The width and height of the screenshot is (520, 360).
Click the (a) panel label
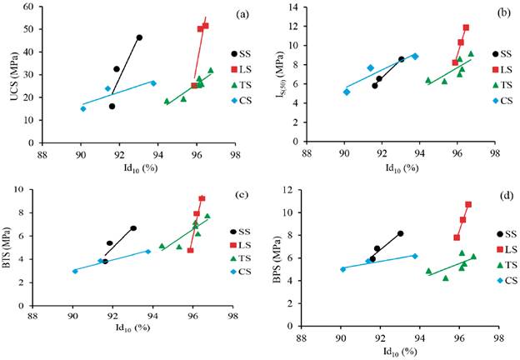243,14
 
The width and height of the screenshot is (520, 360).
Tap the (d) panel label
503,197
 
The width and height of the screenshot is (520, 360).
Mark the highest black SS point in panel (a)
139,37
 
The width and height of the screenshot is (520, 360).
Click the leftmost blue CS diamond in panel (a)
82,108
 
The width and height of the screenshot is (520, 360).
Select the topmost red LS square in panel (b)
466,27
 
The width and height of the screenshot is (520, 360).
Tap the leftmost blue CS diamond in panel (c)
75,271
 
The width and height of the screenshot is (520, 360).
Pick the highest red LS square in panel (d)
468,204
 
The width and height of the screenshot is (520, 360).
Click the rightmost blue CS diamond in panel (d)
415,256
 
